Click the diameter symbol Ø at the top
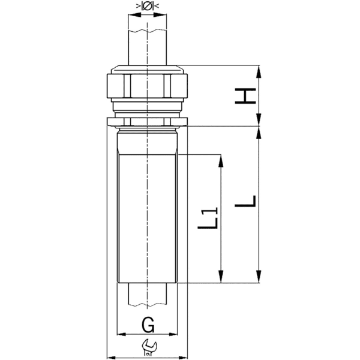tap(148, 8)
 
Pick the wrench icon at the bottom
tap(148, 346)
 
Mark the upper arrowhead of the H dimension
tap(259, 71)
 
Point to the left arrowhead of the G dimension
tap(121, 334)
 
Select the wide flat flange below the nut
tap(148, 123)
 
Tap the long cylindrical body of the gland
tap(148, 216)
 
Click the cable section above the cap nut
tap(148, 42)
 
